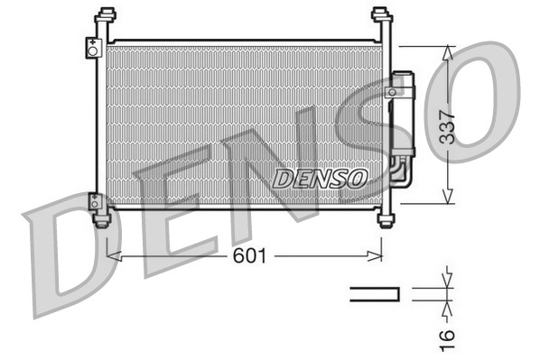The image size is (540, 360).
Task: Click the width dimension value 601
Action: click(249, 257)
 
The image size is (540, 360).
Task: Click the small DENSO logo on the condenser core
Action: click(320, 178)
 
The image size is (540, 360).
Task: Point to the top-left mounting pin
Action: click(107, 16)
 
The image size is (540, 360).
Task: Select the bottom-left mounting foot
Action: click(103, 219)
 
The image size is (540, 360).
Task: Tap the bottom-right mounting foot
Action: click(386, 219)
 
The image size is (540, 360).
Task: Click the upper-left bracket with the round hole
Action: click(92, 48)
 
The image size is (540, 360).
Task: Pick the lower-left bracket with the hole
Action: click(94, 202)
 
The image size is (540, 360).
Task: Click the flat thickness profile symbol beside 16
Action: click(375, 292)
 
